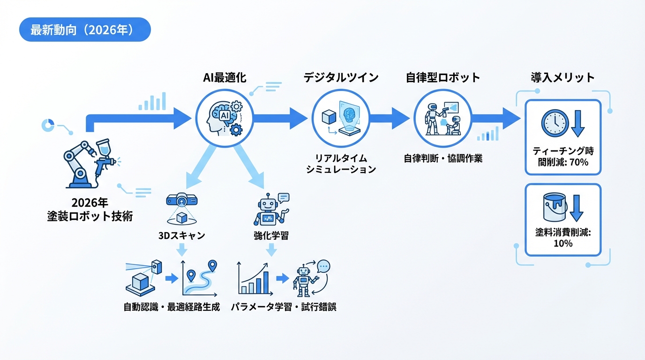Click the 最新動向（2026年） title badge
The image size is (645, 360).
point(84,30)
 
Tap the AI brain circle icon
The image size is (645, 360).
point(224,116)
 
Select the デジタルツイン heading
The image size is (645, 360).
point(341,77)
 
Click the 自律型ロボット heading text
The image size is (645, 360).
point(442,77)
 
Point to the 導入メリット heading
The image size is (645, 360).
point(562,77)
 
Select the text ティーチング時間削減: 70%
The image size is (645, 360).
point(562,157)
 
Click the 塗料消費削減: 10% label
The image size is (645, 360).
point(562,237)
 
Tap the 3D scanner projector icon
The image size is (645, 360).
point(181,201)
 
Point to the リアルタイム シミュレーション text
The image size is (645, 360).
point(341,163)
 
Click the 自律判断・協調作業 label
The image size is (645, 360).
point(443,158)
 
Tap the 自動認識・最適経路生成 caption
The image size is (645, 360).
point(172,307)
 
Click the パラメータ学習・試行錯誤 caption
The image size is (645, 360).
point(284,307)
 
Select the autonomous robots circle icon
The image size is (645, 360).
point(442,116)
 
